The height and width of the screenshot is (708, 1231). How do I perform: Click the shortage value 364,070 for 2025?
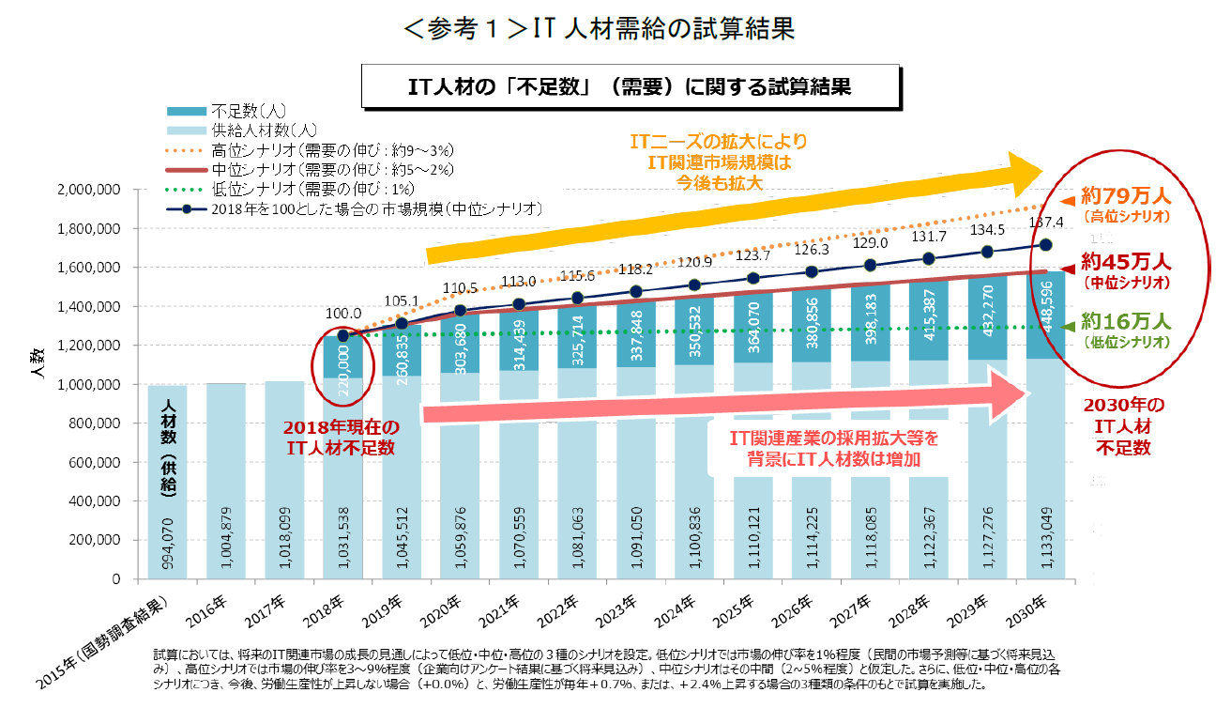pyautogui.click(x=753, y=329)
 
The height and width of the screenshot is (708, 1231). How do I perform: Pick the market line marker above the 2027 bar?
pyautogui.click(x=871, y=265)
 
